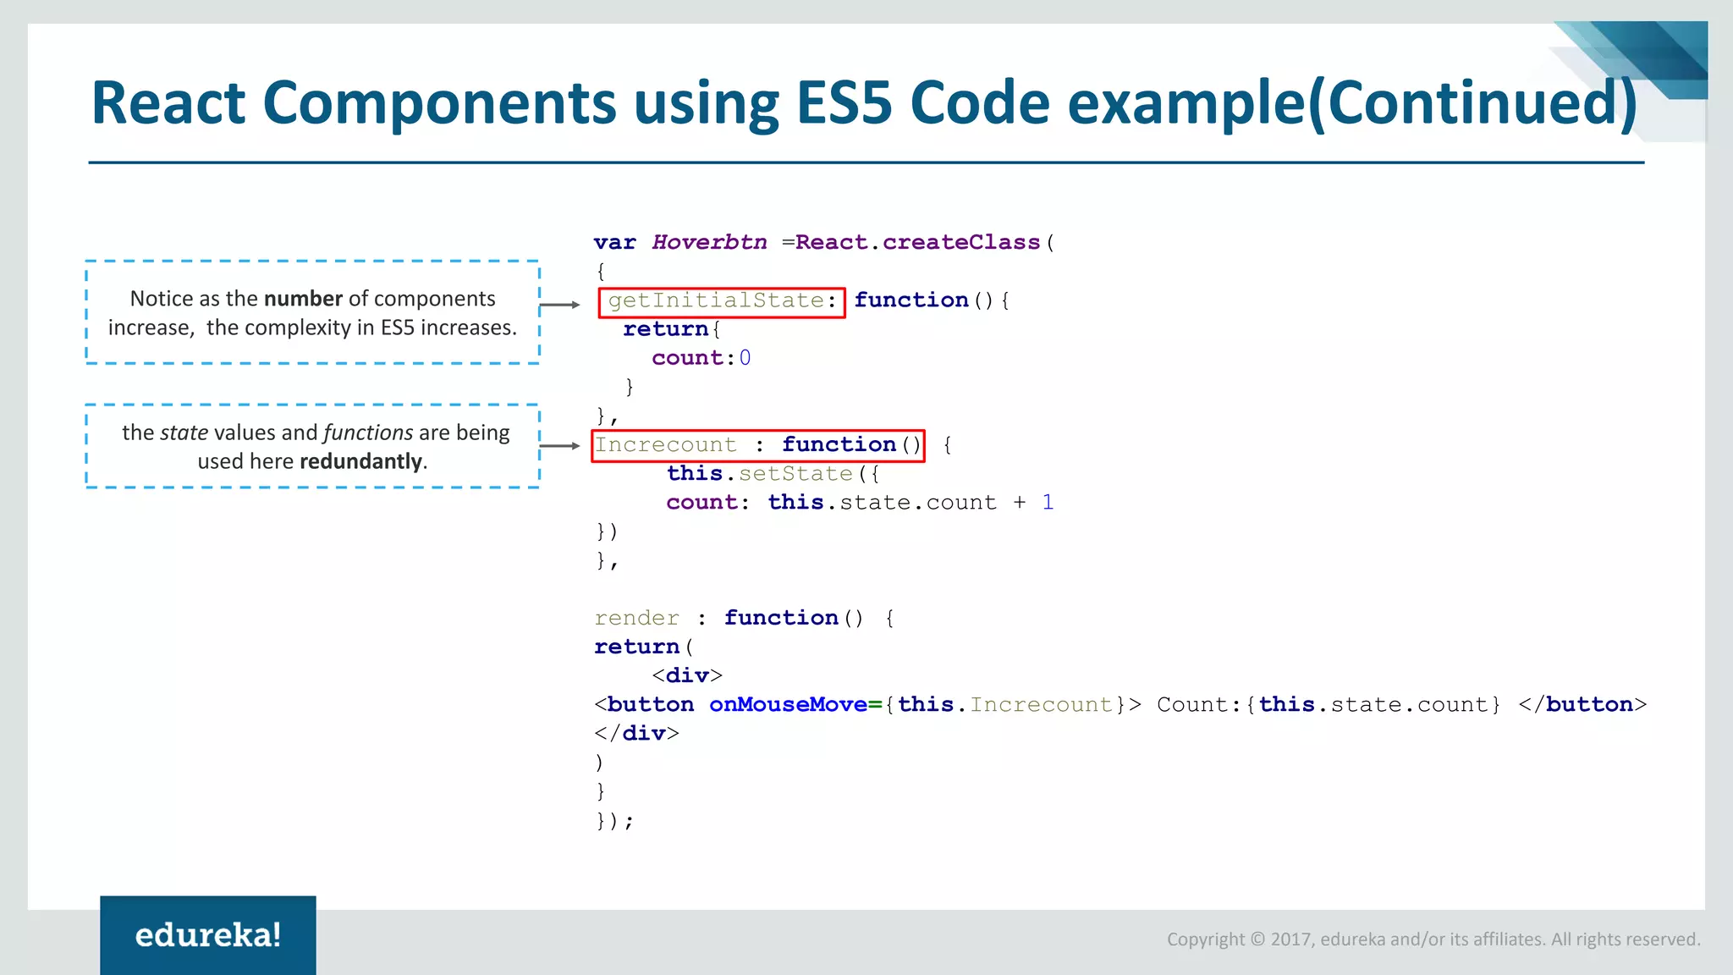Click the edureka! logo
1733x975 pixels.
tap(207, 935)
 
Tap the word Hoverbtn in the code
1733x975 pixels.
tap(709, 243)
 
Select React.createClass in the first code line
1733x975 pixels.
tap(917, 243)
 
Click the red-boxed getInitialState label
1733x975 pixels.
tap(721, 301)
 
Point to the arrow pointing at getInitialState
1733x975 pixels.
tap(559, 305)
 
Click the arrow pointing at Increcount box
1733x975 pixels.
tap(559, 445)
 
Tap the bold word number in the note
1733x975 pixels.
tap(303, 299)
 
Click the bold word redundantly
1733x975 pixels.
tap(360, 461)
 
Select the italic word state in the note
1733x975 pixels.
tap(184, 432)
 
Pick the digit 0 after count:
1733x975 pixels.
tap(745, 358)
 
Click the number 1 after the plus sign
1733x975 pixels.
tap(1048, 503)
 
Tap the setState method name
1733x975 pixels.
tap(795, 474)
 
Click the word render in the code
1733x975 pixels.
tap(636, 619)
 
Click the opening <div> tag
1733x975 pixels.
tap(687, 676)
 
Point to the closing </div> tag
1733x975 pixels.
tap(636, 734)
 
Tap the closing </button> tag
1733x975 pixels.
tap(1582, 705)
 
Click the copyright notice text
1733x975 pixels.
tap(1433, 939)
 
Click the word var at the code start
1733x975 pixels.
tap(614, 243)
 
